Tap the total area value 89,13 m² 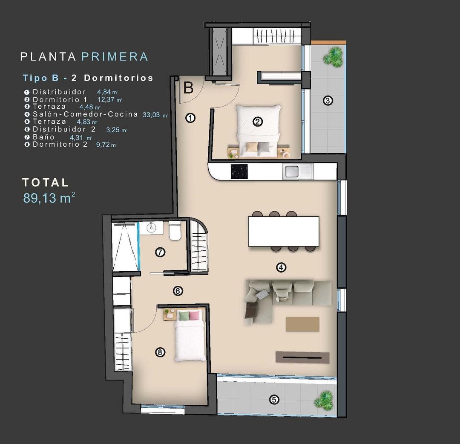click(49, 198)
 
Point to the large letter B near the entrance click(189, 88)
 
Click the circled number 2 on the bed click(257, 122)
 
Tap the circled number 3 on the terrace click(328, 101)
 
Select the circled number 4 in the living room click(281, 267)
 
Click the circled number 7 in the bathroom click(160, 252)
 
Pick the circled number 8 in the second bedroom click(160, 352)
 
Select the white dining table click(283, 231)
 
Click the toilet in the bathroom click(175, 231)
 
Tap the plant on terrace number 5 click(325, 400)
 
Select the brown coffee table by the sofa click(302, 324)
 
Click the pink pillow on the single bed click(194, 316)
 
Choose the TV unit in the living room click(302, 357)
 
